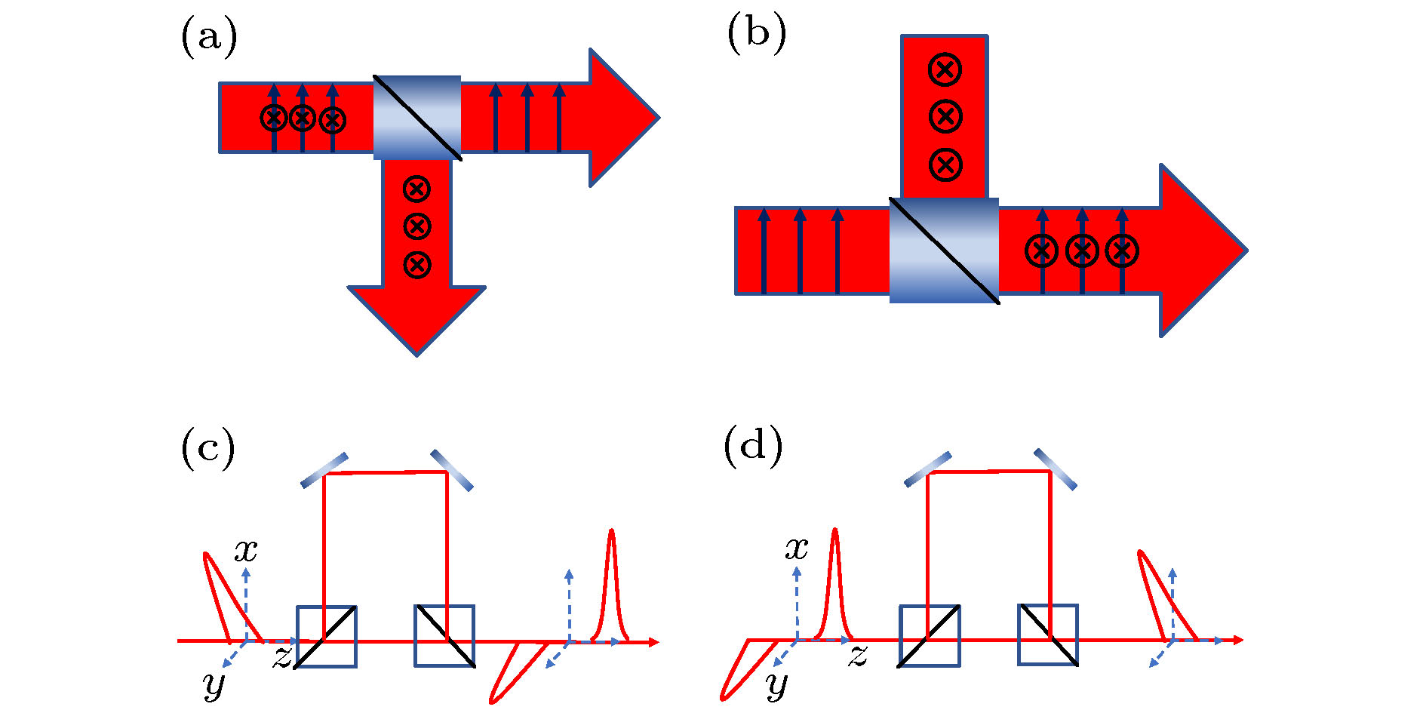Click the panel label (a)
point(209,38)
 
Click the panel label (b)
point(756,34)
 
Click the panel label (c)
point(208,448)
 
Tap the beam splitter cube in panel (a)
point(417,118)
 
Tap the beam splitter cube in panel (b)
point(944,250)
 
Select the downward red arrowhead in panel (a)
point(416,317)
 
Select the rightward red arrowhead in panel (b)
point(1200,250)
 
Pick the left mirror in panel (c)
point(324,470)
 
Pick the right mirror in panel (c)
point(452,470)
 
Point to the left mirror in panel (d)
point(927,469)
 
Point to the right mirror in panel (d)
point(1055,469)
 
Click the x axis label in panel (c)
point(246,550)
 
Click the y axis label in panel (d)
point(776,684)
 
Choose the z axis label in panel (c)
point(282,656)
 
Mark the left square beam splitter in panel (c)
point(327,637)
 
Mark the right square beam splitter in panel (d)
point(1048,635)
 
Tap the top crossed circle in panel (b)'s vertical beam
point(945,69)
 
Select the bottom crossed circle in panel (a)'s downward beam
point(417,265)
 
